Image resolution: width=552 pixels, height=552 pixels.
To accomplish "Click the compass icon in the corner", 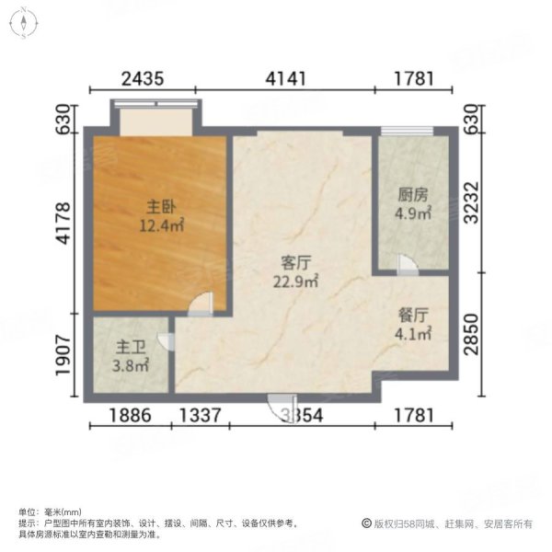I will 23,22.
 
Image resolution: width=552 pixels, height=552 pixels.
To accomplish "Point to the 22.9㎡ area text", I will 295,281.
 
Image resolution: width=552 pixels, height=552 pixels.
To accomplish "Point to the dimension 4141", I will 287,79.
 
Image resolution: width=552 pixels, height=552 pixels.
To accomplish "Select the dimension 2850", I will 471,337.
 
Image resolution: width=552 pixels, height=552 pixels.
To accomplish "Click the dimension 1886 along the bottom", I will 129,416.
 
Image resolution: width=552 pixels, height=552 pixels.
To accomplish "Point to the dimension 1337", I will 200,416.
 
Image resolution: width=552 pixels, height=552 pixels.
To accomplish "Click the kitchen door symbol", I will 406,263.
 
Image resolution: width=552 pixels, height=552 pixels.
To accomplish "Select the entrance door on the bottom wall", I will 276,407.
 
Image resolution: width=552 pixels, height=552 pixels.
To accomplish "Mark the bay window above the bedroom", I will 155,117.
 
